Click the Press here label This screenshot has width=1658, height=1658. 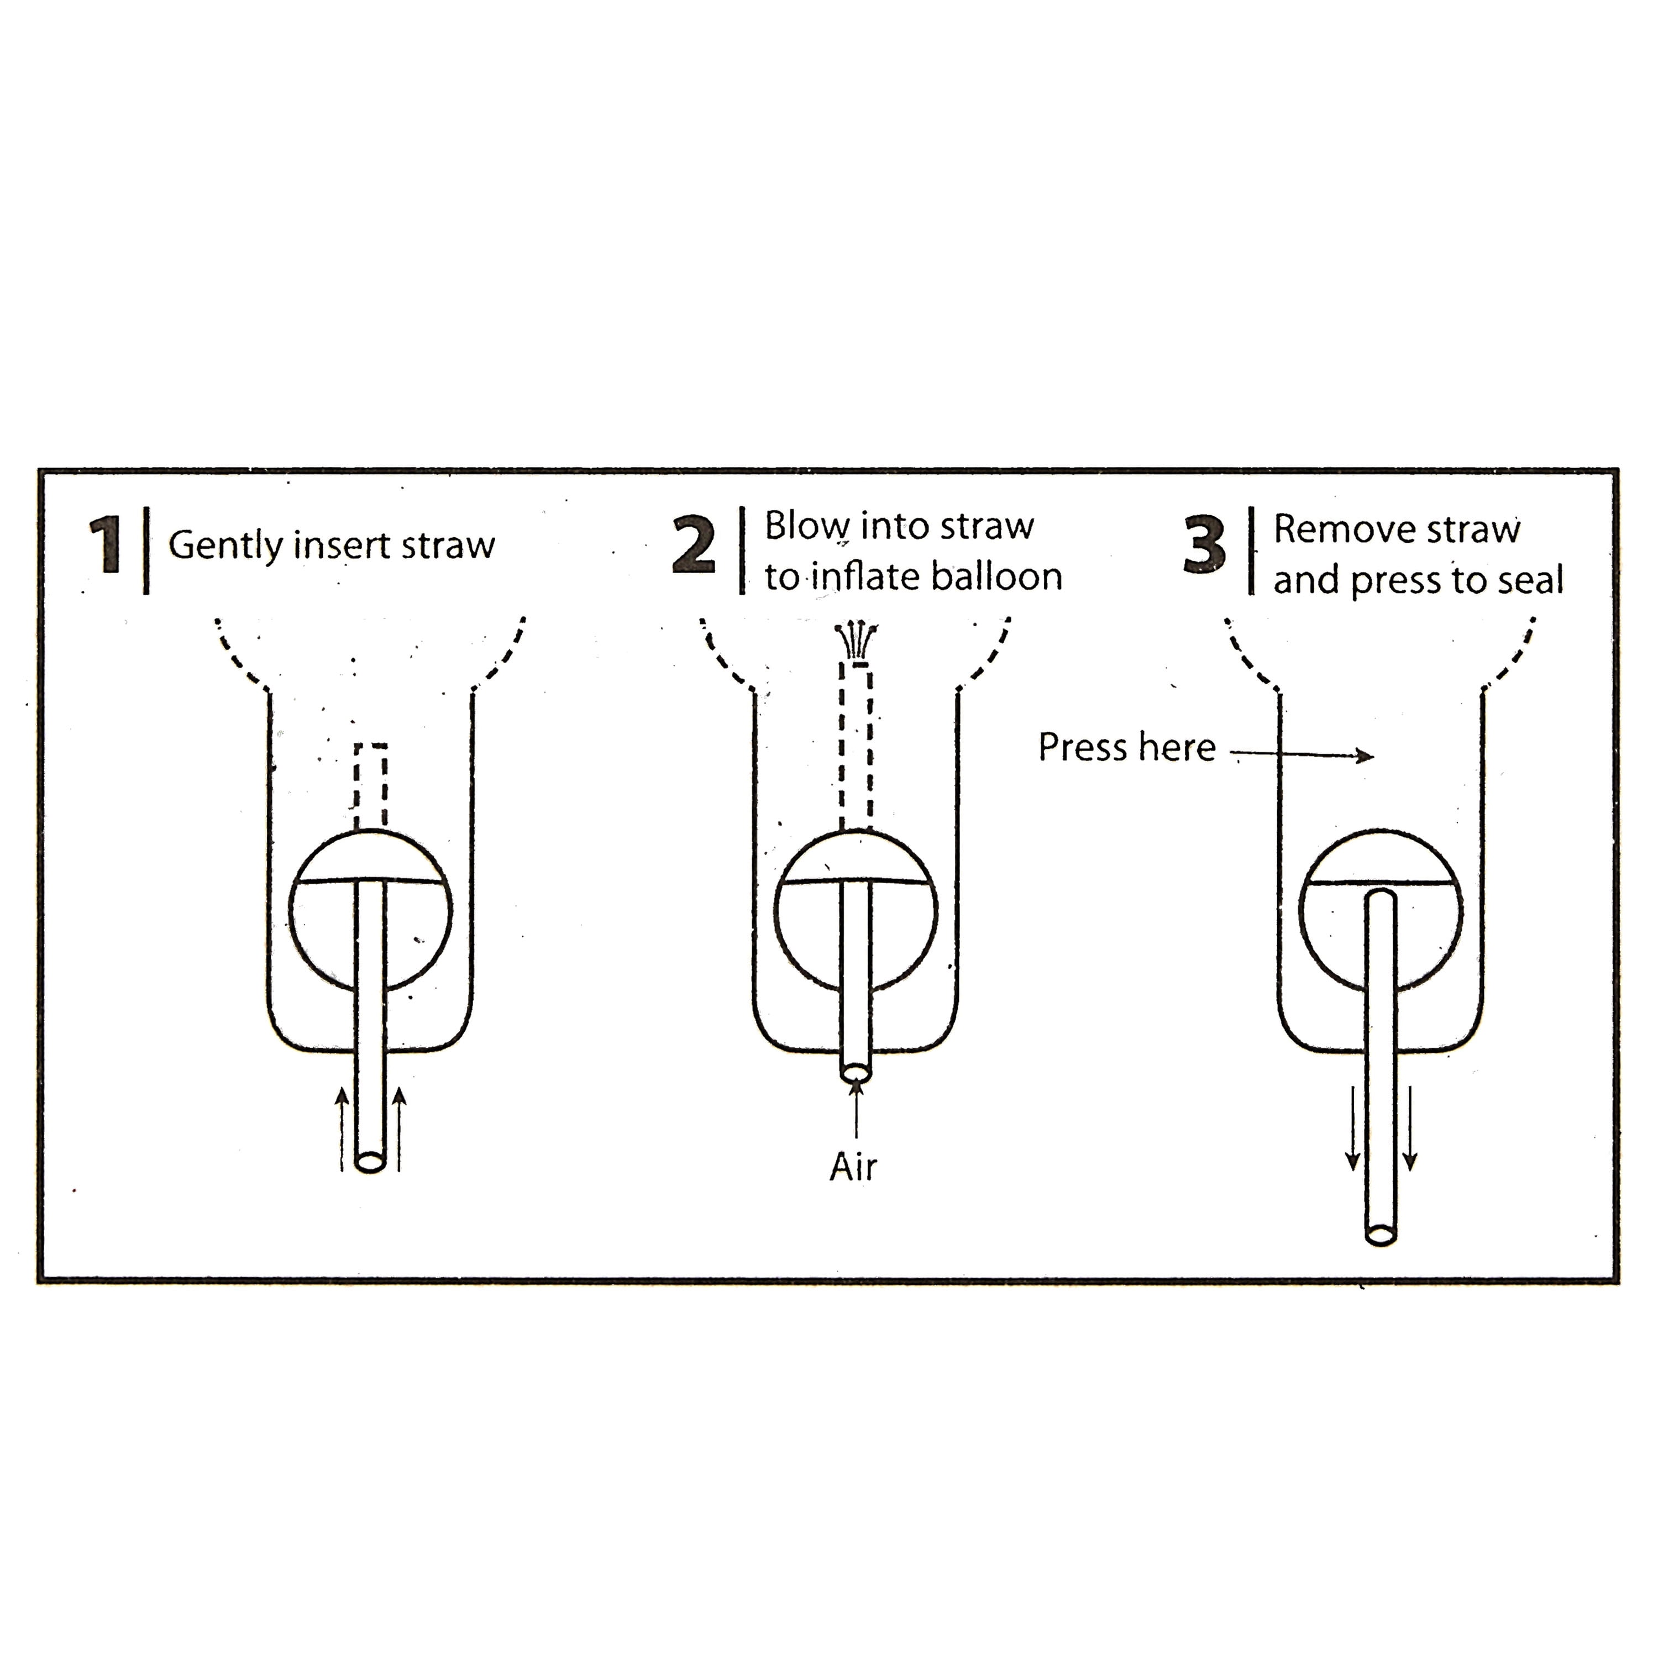coord(1127,747)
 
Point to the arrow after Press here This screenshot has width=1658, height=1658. coord(1303,755)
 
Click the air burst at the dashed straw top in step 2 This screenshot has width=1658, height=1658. coord(857,642)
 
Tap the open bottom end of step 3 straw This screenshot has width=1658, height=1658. coord(1381,1235)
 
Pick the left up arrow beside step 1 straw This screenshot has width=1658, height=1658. coord(342,1129)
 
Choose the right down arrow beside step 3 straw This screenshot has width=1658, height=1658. coord(1410,1129)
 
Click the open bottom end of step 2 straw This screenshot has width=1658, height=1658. coord(857,1073)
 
